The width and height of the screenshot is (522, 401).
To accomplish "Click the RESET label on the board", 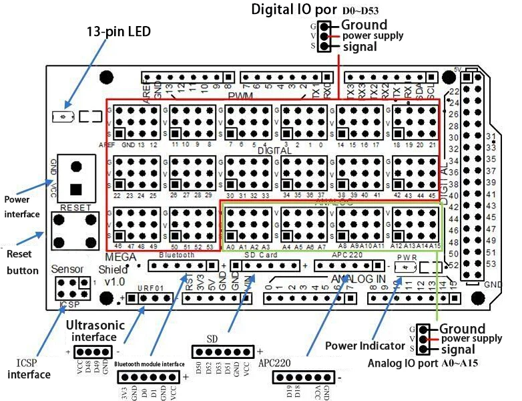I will [75, 208].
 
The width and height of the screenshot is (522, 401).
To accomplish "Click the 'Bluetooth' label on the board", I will [176, 255].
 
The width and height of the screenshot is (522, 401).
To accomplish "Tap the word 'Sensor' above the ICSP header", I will [69, 269].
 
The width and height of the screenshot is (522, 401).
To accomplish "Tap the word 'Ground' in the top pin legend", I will [364, 25].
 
